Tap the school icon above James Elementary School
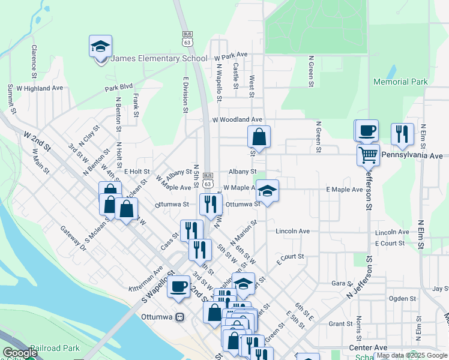tap(101, 46)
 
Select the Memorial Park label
tap(400, 82)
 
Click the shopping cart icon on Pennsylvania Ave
tap(368, 155)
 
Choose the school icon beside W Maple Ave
tap(268, 191)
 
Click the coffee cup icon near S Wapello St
tap(178, 286)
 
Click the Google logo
tap(20, 353)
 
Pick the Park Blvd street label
tap(118, 87)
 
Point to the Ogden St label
tap(402, 298)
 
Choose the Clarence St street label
tap(35, 61)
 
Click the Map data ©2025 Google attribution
tap(412, 355)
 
